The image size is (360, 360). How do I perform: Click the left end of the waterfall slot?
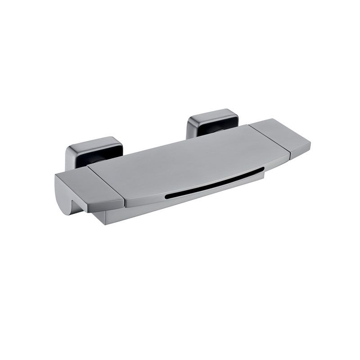pos(167,196)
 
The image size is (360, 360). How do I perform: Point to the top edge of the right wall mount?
pos(211,111)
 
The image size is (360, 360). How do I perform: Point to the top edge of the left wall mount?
pos(92,139)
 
